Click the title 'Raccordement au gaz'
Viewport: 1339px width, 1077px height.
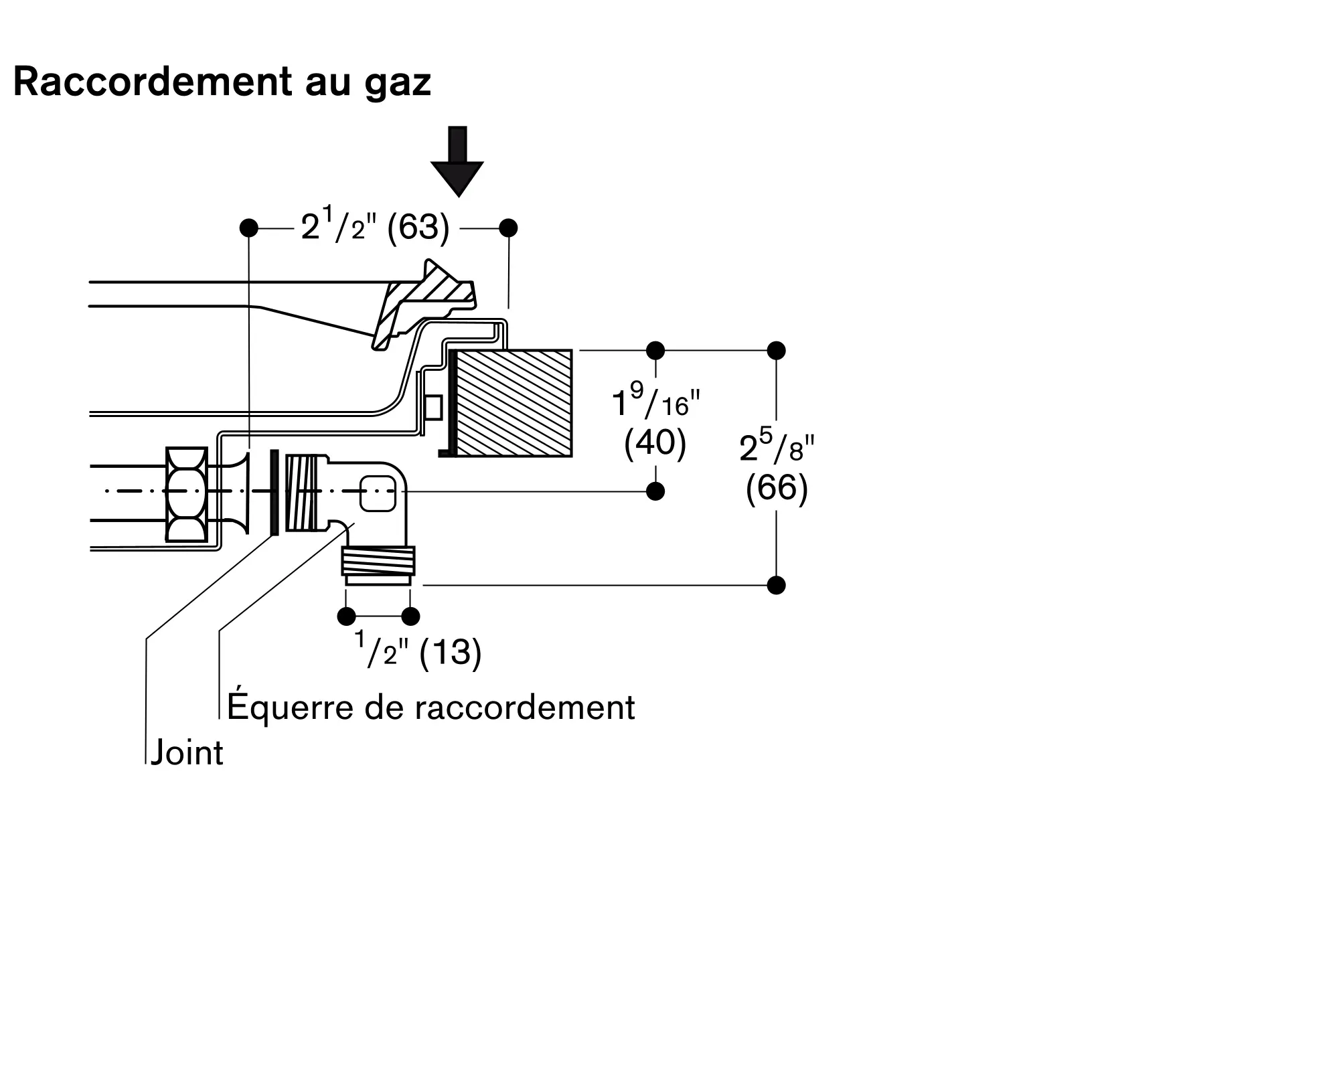(222, 82)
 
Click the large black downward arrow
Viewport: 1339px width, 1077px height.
(457, 161)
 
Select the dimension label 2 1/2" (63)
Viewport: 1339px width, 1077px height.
(375, 227)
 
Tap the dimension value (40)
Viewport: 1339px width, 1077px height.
(655, 443)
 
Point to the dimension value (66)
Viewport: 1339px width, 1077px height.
(777, 488)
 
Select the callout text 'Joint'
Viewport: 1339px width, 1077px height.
(187, 753)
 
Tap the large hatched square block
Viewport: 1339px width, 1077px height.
(514, 403)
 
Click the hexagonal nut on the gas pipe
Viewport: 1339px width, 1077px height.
(186, 494)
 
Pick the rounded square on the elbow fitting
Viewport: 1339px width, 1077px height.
(378, 493)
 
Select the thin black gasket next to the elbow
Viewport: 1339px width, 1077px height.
(274, 492)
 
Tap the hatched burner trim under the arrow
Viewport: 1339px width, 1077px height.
(424, 305)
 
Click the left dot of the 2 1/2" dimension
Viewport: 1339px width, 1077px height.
(248, 228)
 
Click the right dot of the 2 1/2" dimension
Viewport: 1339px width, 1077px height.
(509, 228)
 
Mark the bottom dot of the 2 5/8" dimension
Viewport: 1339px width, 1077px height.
(777, 585)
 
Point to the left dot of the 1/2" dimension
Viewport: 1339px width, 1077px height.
(347, 616)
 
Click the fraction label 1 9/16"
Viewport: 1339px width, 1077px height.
(655, 399)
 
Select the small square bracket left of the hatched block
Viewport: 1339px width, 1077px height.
(434, 407)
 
